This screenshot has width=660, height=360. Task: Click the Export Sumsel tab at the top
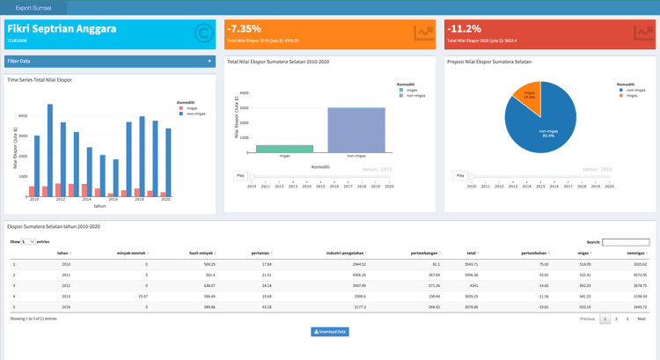(x=33, y=7)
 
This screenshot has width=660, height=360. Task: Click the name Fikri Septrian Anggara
(x=62, y=29)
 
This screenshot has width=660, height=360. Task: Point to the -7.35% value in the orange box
(x=244, y=29)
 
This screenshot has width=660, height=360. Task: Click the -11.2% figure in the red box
(x=463, y=29)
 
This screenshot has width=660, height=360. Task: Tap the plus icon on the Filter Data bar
(x=209, y=62)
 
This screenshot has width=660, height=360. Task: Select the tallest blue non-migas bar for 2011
(x=50, y=150)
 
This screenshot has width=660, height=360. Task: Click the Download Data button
(x=330, y=332)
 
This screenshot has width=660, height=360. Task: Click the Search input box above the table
(x=626, y=242)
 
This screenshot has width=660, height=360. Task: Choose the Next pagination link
(x=642, y=319)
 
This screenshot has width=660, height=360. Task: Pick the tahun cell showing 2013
(x=66, y=297)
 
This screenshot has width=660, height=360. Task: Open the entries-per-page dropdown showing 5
(x=28, y=241)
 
